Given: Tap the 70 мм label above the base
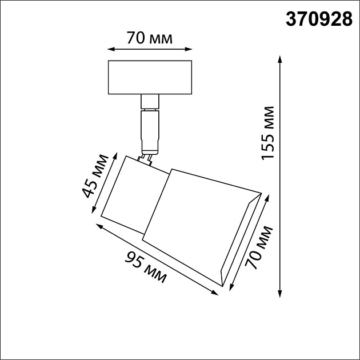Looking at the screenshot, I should [150, 39].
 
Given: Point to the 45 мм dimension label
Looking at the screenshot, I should [95, 175].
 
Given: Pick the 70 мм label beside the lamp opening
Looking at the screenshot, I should [259, 247].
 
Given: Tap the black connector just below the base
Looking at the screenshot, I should [150, 102].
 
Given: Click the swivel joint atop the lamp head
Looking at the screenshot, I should [147, 158].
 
